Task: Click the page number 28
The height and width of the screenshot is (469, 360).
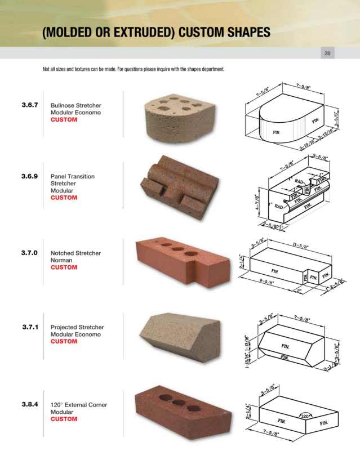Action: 327,53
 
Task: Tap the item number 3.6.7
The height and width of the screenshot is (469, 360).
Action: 29,105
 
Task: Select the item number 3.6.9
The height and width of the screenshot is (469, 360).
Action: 29,176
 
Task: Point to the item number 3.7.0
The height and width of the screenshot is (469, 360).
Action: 29,253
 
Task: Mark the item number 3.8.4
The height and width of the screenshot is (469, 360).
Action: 29,404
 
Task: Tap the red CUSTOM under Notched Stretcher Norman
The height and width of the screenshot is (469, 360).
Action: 64,267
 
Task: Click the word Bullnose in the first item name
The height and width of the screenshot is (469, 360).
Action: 64,105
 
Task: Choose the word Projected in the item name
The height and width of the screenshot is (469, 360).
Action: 65,327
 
